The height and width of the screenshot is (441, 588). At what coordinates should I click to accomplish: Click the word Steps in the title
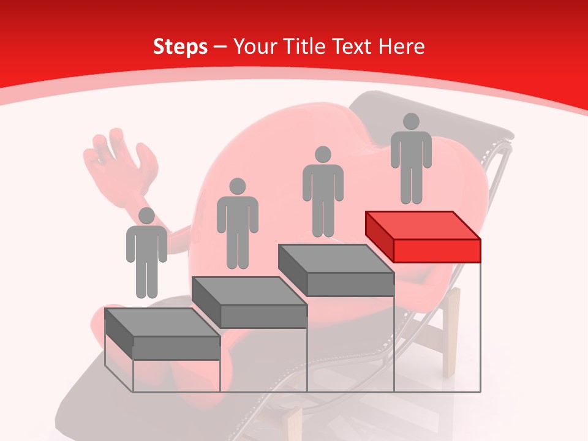point(180,47)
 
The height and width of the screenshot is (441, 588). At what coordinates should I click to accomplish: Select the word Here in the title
point(401,47)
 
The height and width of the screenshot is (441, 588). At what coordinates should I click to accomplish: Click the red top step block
point(423,235)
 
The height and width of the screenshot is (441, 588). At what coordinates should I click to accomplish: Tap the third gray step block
point(336,269)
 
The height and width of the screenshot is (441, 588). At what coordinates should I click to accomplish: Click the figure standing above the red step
point(411,159)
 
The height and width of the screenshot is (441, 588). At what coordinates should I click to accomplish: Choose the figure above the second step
point(237,224)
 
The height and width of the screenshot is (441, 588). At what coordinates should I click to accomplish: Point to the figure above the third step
point(323,192)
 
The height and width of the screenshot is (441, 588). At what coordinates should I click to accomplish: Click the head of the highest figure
point(411,121)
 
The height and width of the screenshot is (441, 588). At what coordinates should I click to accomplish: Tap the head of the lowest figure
point(146,216)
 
